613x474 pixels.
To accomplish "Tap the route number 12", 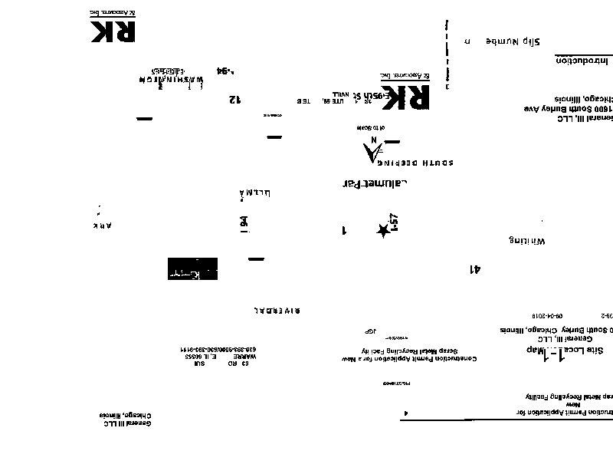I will coord(235,99).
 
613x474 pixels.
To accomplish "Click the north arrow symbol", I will coord(372,151).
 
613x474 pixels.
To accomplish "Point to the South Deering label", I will coord(418,163).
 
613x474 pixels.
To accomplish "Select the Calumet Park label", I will coord(375,183).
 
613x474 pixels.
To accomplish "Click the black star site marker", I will coord(382,230).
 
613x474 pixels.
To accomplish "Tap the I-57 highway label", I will coord(395,223).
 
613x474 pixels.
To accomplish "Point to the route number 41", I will coord(474,269).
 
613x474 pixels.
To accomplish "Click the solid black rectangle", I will coord(192,269).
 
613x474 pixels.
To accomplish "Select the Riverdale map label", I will coord(275,311).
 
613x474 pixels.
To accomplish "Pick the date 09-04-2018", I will coord(548,314).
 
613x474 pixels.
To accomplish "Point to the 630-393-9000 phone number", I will coord(229,351).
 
